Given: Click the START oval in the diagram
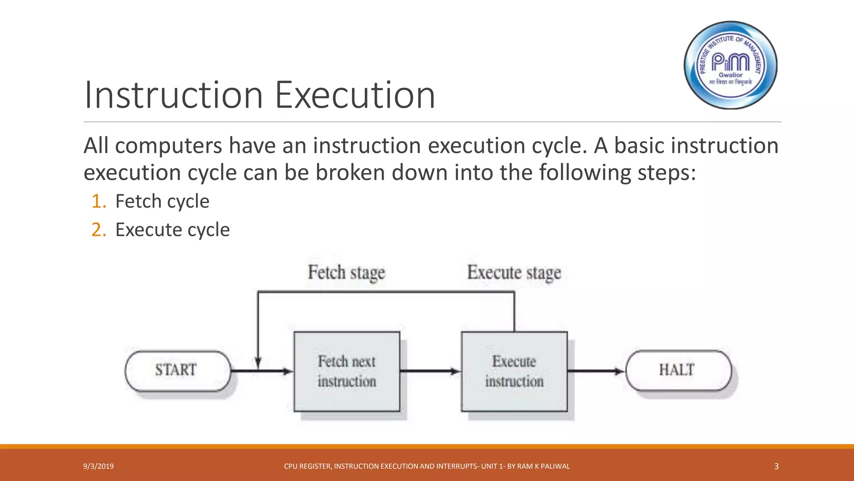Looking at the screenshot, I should click(x=177, y=370).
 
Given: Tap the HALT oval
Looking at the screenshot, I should click(x=678, y=370).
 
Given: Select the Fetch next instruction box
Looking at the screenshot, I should click(x=347, y=372).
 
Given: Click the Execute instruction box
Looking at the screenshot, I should click(x=514, y=372).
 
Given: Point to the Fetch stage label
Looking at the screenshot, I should click(x=346, y=273).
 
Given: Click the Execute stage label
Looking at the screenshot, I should click(x=514, y=273).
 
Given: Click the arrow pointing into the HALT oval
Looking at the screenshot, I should click(x=596, y=371).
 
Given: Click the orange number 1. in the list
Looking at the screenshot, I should click(x=99, y=201).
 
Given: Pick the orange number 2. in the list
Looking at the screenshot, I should click(x=99, y=230).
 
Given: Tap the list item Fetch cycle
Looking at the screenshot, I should click(x=162, y=201).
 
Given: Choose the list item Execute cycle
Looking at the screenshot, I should click(x=172, y=230).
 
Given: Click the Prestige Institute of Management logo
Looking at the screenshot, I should click(x=731, y=65).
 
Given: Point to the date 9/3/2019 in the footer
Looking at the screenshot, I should click(x=98, y=466).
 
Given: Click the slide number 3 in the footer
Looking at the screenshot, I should click(x=776, y=466).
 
